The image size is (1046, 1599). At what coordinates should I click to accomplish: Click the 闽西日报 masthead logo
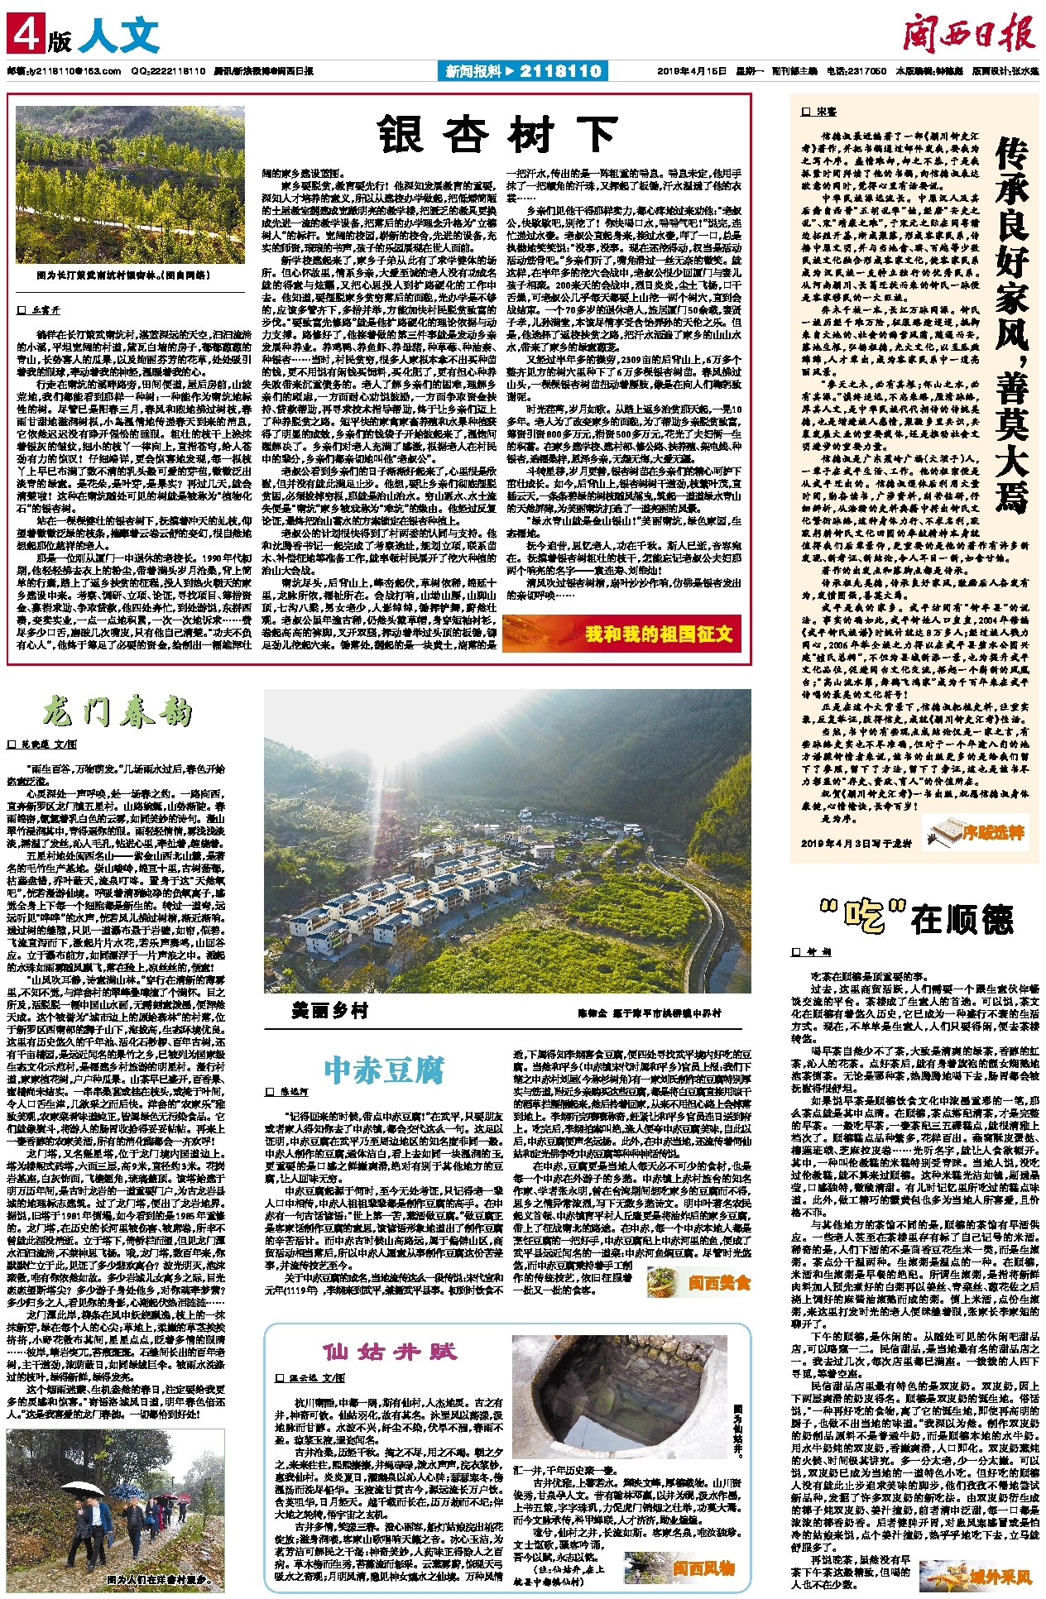[x=967, y=36]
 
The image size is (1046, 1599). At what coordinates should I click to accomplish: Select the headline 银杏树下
[x=497, y=135]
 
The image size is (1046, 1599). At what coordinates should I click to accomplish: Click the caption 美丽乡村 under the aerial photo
[x=329, y=1010]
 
